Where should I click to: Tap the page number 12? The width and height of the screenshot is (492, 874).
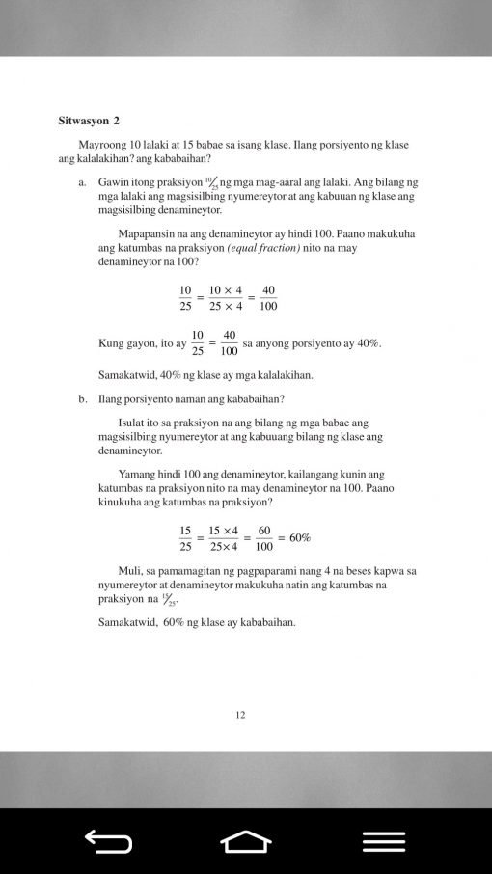[x=240, y=715]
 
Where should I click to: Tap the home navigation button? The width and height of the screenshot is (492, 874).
[x=246, y=842]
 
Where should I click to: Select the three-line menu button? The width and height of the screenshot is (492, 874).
[x=383, y=842]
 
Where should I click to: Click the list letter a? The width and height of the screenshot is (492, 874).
[x=84, y=181]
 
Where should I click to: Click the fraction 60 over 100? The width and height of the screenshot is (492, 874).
[x=263, y=538]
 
